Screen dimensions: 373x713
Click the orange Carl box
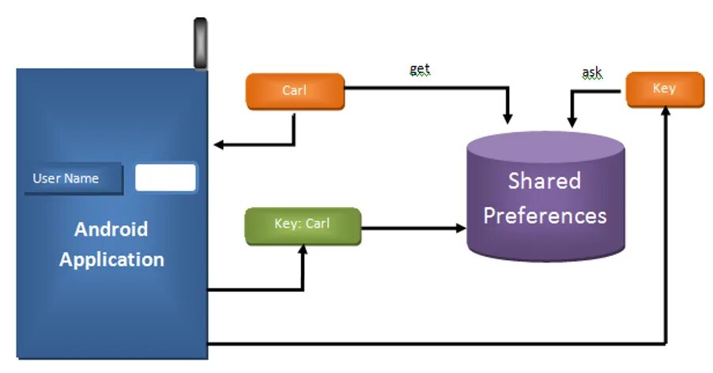[x=295, y=91]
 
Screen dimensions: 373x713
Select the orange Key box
[x=664, y=89]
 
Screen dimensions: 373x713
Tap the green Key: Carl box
[x=302, y=224]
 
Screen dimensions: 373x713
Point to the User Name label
[x=66, y=179]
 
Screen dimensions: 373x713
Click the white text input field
[x=165, y=178]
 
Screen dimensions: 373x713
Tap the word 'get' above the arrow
[x=420, y=70]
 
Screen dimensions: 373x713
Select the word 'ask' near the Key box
[x=591, y=73]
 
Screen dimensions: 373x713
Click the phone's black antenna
[x=200, y=43]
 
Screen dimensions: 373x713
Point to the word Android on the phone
[x=111, y=230]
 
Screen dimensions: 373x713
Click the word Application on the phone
[x=111, y=259]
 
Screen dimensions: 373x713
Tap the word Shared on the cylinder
[x=544, y=181]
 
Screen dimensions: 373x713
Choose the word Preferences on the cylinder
[x=545, y=216]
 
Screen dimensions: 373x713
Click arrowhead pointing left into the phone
[x=220, y=145]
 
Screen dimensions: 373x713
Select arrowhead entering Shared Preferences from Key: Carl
[x=462, y=228]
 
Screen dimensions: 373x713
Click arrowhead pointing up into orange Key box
[x=666, y=112]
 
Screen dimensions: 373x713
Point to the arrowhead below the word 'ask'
[x=571, y=122]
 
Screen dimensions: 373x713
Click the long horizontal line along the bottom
[x=435, y=344]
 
